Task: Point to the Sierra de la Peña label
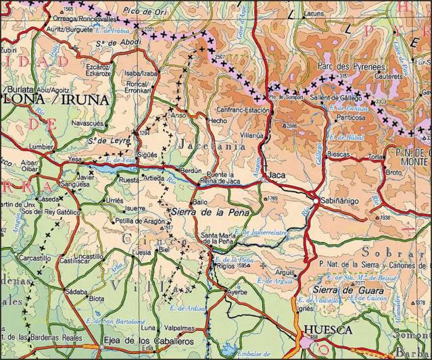click(x=212, y=213)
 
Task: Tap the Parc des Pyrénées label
click(x=350, y=67)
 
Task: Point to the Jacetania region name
click(x=212, y=145)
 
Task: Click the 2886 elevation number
click(x=291, y=126)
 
